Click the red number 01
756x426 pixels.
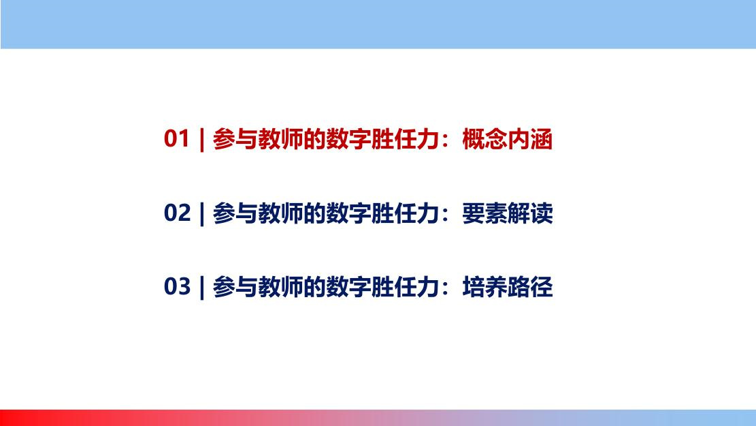point(176,138)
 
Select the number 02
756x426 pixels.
point(177,213)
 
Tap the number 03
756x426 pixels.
point(177,286)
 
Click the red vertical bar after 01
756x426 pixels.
point(202,140)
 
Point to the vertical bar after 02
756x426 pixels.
point(202,213)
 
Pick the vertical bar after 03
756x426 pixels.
point(202,288)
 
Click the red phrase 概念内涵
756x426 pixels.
point(507,139)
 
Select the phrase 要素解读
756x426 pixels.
point(507,213)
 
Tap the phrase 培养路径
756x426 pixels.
point(507,287)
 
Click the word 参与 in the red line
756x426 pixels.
point(235,139)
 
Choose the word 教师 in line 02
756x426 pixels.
point(280,213)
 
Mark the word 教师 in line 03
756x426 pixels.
point(280,287)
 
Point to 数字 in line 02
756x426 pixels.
point(348,213)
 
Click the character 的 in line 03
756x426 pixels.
point(314,287)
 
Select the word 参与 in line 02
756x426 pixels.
point(235,213)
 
